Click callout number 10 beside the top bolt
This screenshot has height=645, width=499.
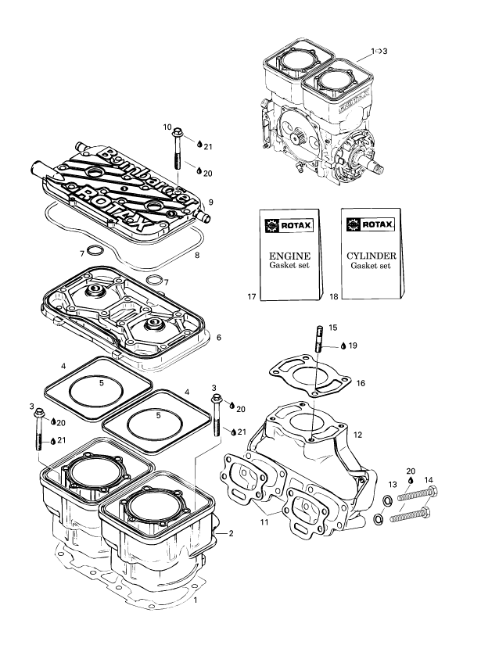pos(167,127)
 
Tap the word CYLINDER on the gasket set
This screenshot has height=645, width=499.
pos(371,256)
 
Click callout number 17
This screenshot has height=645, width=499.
pos(251,297)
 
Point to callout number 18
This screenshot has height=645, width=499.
pos(334,297)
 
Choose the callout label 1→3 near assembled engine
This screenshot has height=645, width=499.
pos(379,51)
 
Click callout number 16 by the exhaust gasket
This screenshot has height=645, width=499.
pos(361,384)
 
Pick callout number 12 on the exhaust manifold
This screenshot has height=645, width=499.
pos(357,434)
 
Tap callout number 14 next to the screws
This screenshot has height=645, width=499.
pos(429,480)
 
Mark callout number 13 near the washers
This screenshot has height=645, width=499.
pos(393,485)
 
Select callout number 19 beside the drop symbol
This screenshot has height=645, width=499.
pos(354,345)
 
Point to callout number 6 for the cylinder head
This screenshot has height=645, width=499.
pos(219,338)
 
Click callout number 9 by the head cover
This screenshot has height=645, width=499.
pos(210,202)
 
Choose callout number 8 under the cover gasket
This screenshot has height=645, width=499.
pos(197,256)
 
